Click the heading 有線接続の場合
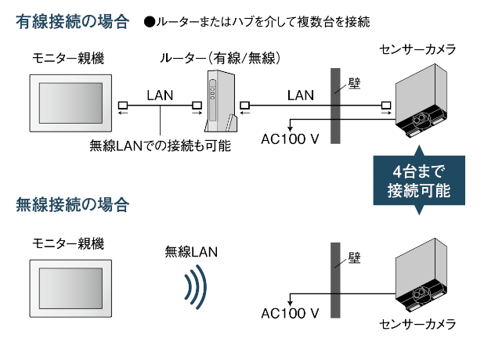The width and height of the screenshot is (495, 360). [x=72, y=21]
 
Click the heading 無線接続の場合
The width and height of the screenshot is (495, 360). [x=72, y=206]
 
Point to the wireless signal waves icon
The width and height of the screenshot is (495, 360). [x=195, y=286]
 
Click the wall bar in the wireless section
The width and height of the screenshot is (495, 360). [x=336, y=282]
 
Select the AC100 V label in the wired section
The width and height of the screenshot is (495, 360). [x=291, y=139]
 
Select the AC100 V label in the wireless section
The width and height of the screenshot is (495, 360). [x=291, y=313]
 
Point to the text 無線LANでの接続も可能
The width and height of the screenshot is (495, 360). [x=159, y=145]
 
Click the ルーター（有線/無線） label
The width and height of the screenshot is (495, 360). [x=219, y=59]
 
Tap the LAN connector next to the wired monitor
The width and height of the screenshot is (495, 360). [x=122, y=105]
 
